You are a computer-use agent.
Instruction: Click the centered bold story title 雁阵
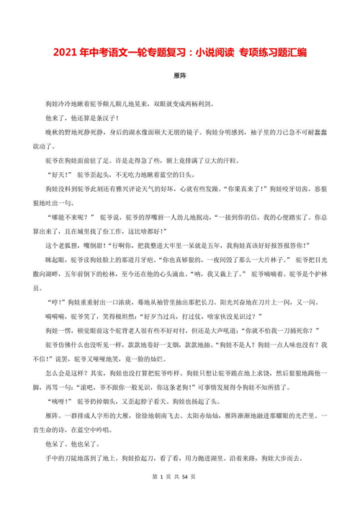tap(180, 74)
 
